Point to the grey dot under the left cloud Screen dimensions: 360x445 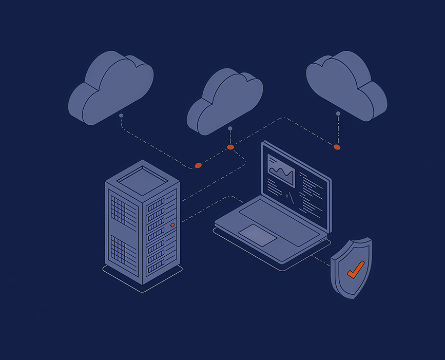point(121,116)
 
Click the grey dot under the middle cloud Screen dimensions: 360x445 point(230,128)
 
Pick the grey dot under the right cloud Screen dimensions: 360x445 point(337,113)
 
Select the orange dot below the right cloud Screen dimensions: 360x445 point(337,147)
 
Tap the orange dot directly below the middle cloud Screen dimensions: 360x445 point(230,147)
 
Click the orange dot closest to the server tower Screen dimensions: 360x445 point(198,165)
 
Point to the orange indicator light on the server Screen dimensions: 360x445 point(172,225)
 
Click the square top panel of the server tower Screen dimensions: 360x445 point(142,178)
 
